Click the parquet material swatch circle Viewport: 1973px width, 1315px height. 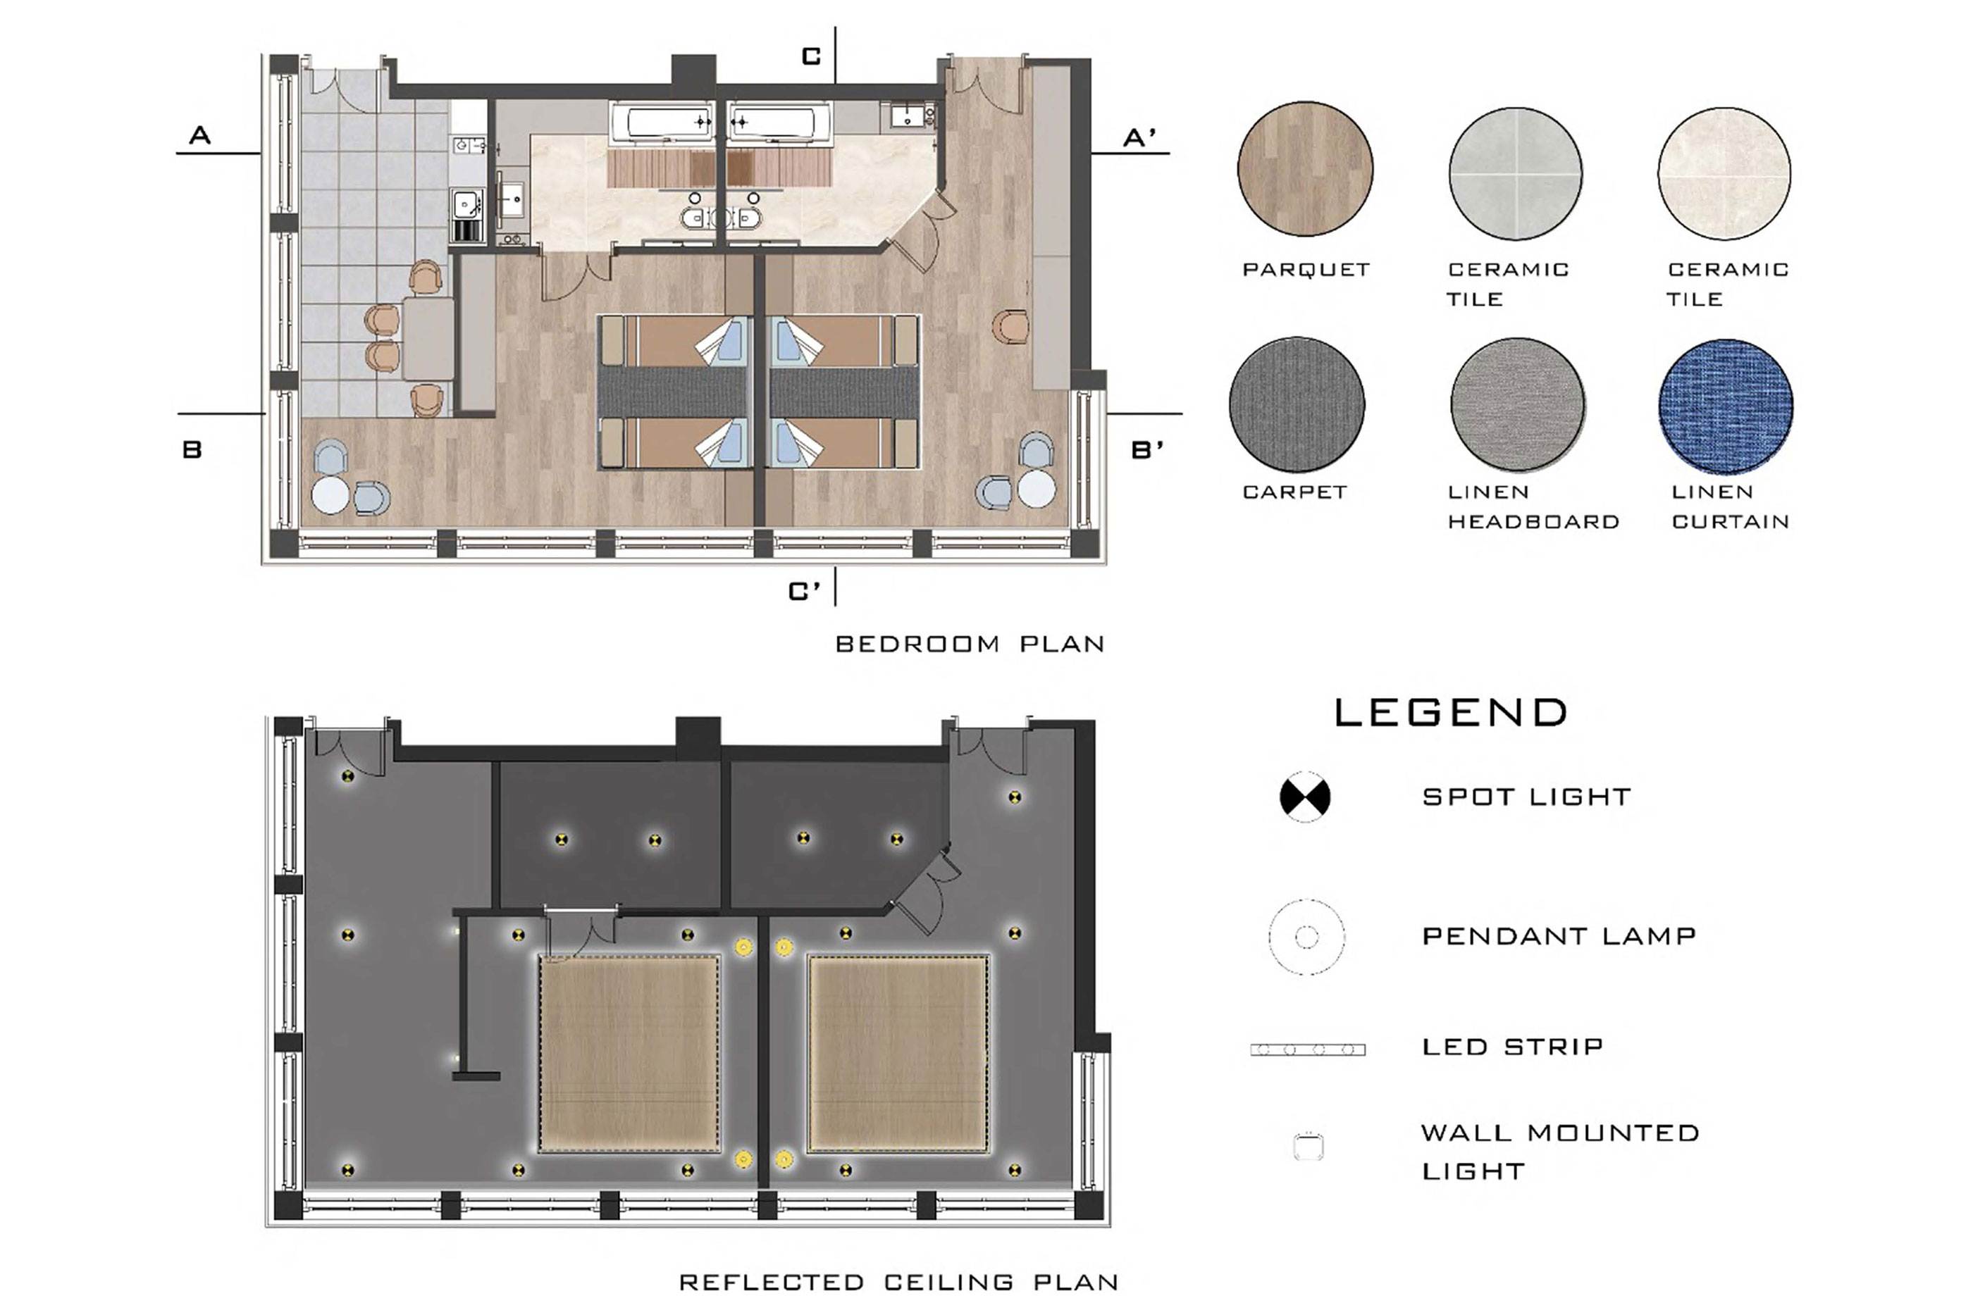pos(1305,168)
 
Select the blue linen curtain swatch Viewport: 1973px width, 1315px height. pos(1726,406)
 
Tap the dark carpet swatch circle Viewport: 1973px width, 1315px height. pos(1297,404)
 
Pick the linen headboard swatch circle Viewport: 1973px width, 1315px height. pos(1518,404)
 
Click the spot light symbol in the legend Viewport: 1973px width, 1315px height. pos(1305,796)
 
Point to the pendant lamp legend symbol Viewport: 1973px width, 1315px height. pos(1306,937)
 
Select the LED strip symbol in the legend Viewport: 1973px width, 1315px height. pos(1308,1049)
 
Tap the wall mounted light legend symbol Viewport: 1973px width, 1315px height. pos(1309,1147)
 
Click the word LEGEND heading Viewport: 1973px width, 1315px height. pos(1450,713)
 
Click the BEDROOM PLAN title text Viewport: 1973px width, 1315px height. pos(970,644)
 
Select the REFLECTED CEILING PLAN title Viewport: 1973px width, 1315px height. pos(898,1283)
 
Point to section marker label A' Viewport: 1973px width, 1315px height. pos(1140,137)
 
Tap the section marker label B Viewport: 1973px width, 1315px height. pos(192,449)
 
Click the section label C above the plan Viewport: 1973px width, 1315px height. pos(811,56)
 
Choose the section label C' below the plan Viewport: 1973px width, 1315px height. pos(805,591)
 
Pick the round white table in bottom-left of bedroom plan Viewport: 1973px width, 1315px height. pos(330,495)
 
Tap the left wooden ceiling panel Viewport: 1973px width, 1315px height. pos(629,1054)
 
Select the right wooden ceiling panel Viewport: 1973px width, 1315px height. pos(898,1054)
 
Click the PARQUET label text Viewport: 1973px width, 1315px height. pos(1306,270)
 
